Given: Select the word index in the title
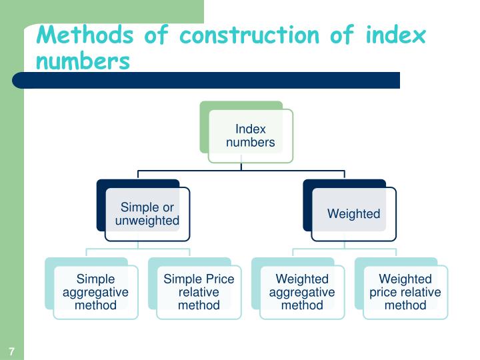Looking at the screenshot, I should tap(395, 35).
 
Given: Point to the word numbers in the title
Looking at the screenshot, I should tap(83, 61).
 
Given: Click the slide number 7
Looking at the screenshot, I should tap(12, 351).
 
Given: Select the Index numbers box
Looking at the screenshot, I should tap(251, 136).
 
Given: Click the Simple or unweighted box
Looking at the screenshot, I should tap(147, 214).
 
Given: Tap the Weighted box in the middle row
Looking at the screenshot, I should tap(353, 214).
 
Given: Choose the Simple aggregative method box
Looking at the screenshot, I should tap(95, 292).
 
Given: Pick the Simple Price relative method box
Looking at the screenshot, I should tap(199, 292).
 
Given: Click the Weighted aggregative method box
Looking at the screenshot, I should tap(302, 292).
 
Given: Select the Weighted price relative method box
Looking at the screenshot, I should tap(405, 292).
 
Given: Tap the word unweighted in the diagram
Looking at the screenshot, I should tap(147, 221).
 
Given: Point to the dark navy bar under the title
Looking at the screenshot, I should tap(207, 81).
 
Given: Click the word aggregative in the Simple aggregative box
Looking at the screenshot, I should tap(95, 292).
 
